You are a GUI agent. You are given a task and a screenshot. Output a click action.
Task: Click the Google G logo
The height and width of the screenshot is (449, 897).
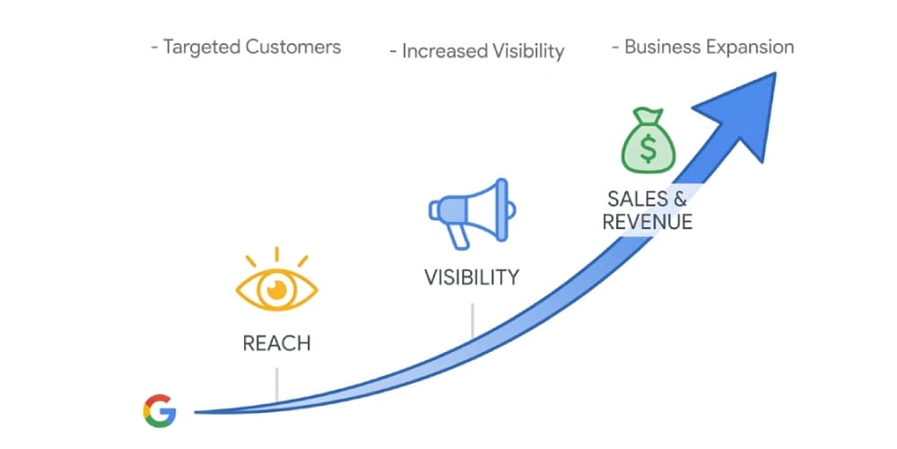click(x=160, y=410)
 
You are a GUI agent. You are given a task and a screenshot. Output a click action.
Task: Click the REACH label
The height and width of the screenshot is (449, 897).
click(x=276, y=343)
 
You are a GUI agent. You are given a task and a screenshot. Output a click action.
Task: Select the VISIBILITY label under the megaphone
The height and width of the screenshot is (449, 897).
click(x=472, y=277)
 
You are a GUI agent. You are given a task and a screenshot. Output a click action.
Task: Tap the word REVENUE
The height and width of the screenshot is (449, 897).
click(x=648, y=222)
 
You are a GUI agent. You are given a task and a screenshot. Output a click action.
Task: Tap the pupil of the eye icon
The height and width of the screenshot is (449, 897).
click(x=277, y=289)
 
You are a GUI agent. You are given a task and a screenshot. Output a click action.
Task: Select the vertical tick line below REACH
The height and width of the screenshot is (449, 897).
click(x=277, y=385)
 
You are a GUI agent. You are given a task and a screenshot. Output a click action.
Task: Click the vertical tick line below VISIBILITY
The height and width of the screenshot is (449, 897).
click(x=473, y=320)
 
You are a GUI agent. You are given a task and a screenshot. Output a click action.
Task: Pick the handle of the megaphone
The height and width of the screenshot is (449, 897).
click(x=459, y=235)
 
